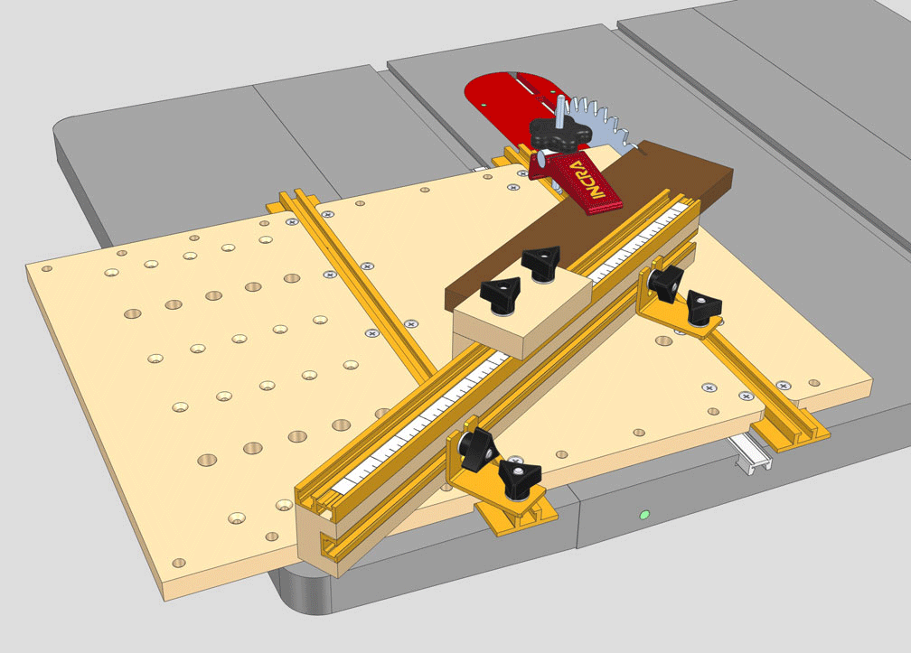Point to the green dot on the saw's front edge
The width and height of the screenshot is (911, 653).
tap(643, 515)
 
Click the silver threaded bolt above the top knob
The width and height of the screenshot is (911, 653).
tap(561, 112)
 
